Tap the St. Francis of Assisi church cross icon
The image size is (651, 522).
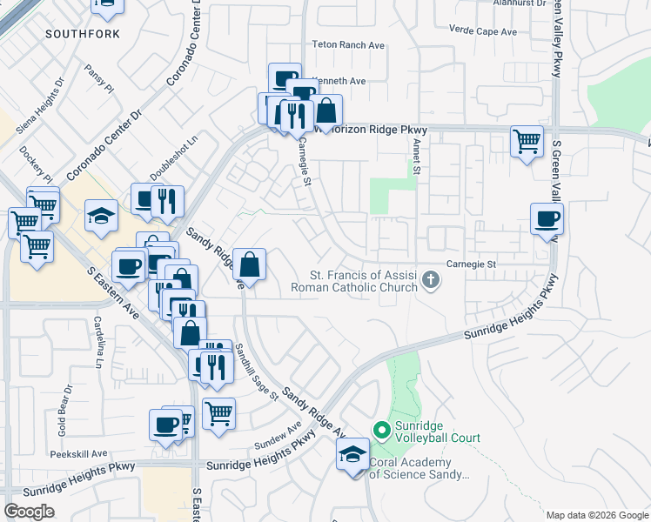click(430, 280)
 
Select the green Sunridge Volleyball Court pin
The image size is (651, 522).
click(380, 431)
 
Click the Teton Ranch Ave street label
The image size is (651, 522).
click(348, 44)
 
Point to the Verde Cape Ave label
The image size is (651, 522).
click(482, 31)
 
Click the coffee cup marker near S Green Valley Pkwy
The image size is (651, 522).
click(547, 219)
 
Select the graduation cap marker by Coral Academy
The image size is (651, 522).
click(352, 454)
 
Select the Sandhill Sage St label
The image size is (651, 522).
click(255, 371)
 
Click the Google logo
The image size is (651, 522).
click(29, 512)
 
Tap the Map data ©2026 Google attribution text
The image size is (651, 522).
click(596, 515)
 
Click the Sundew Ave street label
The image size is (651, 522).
click(278, 433)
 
